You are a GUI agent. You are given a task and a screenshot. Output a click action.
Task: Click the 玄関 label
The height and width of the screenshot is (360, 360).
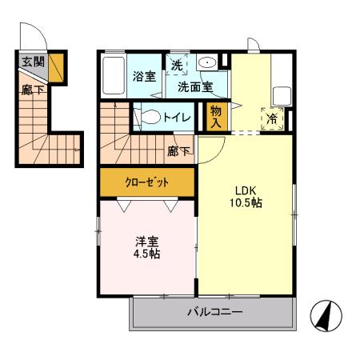pos(32,62)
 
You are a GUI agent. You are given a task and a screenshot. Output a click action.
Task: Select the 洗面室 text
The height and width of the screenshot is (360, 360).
pos(194,86)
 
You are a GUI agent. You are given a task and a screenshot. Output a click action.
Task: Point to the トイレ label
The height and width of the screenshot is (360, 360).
pos(177,118)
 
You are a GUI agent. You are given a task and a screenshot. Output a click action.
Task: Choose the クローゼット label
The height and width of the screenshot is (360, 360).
pos(147,182)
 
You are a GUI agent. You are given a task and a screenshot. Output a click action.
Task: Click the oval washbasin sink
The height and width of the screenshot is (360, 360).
pos(206,63)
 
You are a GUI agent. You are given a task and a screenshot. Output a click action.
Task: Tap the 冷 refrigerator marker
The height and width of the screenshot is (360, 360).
pos(273,118)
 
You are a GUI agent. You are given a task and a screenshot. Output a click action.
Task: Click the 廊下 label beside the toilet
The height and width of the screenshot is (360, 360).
pos(178,150)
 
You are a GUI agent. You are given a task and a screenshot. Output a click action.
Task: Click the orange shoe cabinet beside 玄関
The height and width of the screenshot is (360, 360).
pos(56,68)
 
